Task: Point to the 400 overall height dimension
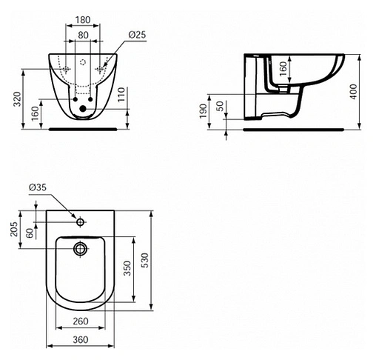point(353,91)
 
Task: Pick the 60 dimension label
point(30,233)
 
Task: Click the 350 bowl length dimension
point(127,267)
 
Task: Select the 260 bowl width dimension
point(81,321)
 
